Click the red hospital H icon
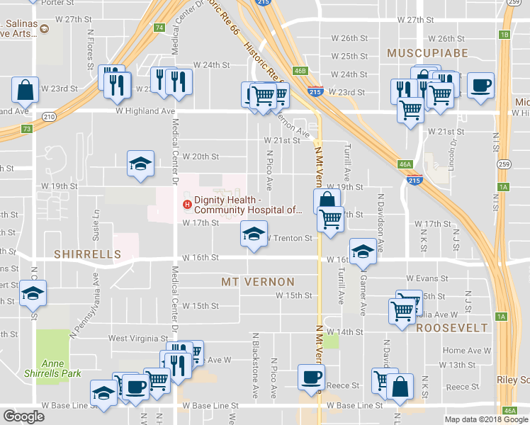[187, 205]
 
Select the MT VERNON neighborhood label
[257, 281]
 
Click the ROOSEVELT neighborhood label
[452, 328]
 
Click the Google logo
[23, 416]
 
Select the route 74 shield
[159, 28]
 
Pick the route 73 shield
[26, 128]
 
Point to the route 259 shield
[503, 164]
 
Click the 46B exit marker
[300, 71]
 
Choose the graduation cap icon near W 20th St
[140, 163]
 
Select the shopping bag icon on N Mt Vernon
[327, 200]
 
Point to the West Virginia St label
[137, 339]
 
